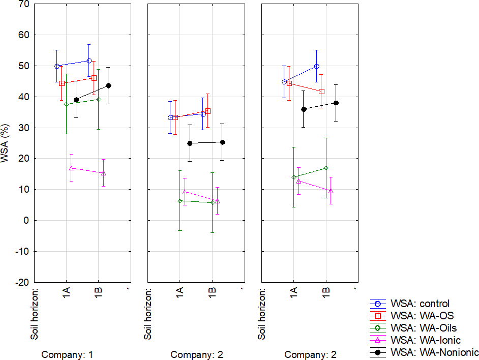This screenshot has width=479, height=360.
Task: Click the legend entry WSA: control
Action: click(x=420, y=304)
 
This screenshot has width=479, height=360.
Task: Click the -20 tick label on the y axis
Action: click(x=22, y=282)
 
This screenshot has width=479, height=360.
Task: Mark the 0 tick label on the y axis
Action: click(x=26, y=221)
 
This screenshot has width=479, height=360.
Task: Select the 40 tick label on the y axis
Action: click(x=24, y=97)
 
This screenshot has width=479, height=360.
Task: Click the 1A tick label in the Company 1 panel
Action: click(x=67, y=293)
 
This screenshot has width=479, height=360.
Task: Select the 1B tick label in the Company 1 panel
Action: click(x=99, y=293)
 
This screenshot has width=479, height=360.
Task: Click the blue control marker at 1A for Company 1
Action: click(x=57, y=66)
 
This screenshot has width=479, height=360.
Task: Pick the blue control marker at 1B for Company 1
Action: click(x=89, y=61)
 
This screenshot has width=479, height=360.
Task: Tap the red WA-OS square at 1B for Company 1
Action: click(x=94, y=78)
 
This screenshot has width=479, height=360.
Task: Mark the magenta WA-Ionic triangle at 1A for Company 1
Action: click(x=71, y=168)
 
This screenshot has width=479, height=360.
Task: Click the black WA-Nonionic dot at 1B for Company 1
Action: click(x=108, y=85)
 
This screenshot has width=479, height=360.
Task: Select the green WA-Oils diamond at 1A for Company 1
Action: click(x=66, y=104)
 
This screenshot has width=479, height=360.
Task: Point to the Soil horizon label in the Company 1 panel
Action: click(x=35, y=314)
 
